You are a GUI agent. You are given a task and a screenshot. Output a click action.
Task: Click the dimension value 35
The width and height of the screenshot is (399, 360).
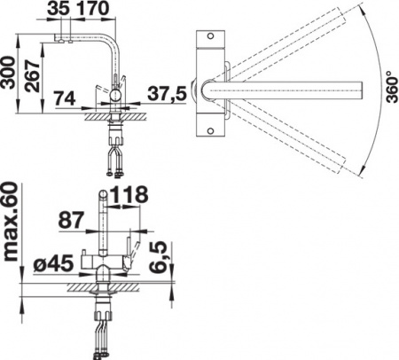coord(59,8)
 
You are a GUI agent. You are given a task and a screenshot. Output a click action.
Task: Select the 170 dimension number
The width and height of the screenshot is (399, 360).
coord(92,8)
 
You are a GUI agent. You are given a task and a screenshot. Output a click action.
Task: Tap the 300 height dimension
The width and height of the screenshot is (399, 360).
coord(8,73)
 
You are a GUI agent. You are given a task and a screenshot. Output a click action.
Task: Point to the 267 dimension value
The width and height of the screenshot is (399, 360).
coord(32,76)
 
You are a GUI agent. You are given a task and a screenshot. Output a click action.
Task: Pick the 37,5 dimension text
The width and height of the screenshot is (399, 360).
coord(167,94)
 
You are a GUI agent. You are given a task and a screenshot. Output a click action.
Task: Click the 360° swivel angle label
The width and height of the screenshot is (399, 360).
coord(392,87)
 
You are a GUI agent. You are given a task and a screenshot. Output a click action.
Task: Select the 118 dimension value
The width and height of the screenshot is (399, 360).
coord(128,195)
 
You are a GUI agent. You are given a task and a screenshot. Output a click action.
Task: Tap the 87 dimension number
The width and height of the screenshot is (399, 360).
coord(71,220)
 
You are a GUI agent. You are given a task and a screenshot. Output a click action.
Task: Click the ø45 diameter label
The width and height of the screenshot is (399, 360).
coord(53,263)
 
